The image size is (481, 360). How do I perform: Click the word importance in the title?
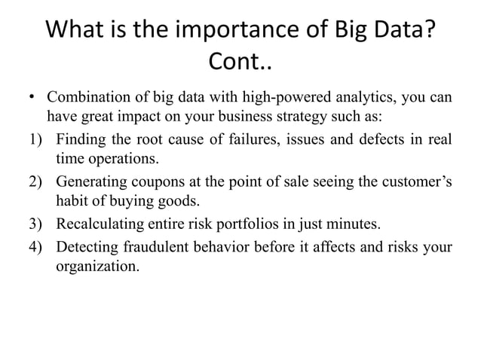219,32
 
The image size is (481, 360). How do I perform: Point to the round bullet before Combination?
32,99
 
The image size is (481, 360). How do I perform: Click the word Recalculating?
102,224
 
